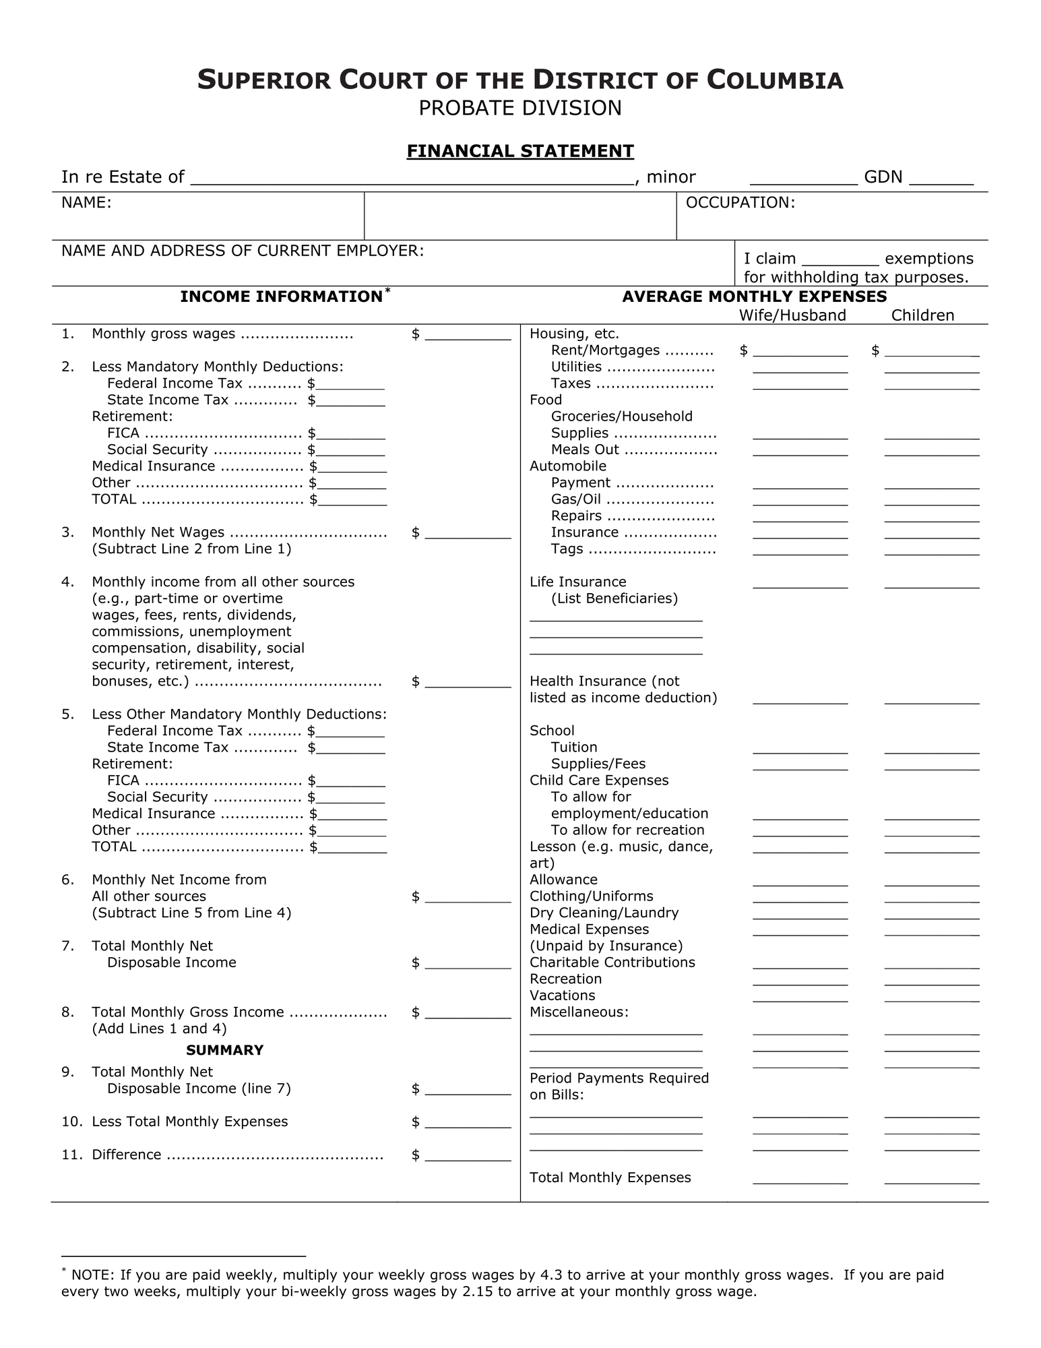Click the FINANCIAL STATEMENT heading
click(x=519, y=150)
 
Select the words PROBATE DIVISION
click(x=519, y=108)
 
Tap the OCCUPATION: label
click(x=740, y=203)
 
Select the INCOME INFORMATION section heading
click(x=281, y=297)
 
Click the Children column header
click(x=922, y=315)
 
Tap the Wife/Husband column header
click(x=792, y=315)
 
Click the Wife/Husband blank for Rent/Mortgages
click(x=800, y=352)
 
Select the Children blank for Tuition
click(x=931, y=749)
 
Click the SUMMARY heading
click(x=224, y=1050)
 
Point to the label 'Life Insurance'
click(x=577, y=582)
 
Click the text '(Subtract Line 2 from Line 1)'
click(x=191, y=549)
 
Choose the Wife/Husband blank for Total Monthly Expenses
click(x=800, y=1179)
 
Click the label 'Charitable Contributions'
click(x=612, y=962)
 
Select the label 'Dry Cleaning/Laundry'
click(x=604, y=913)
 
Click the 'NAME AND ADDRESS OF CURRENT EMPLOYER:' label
click(x=243, y=251)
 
